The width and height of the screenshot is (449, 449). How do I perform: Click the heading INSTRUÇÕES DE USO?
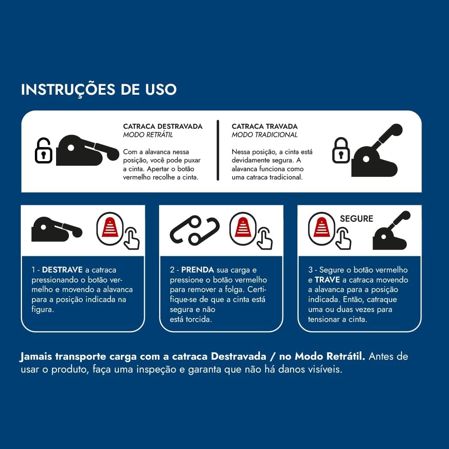(98, 89)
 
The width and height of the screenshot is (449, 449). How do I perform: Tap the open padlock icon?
(44, 151)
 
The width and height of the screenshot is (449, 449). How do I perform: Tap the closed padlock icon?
(341, 150)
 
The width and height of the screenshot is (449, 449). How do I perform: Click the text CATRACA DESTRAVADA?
(163, 126)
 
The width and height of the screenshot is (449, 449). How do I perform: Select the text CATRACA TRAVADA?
(265, 126)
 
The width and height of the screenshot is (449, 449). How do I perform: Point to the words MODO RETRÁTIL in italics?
(148, 135)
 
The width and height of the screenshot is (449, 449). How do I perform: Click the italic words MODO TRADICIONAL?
(265, 135)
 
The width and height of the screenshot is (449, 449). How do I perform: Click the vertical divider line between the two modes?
(218, 150)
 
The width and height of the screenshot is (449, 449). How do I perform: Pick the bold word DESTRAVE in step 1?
(62, 270)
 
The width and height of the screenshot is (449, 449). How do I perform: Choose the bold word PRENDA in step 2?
(198, 270)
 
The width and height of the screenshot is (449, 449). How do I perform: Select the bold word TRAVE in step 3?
(327, 280)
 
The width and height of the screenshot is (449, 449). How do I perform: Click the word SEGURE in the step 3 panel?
(356, 219)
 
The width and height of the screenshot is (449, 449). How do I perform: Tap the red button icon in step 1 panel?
(110, 228)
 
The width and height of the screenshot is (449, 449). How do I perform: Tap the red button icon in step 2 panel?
(243, 228)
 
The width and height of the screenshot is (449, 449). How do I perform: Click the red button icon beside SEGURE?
(321, 228)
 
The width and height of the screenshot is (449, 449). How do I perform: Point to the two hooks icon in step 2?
(195, 231)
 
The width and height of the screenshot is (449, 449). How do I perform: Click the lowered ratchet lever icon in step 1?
(57, 229)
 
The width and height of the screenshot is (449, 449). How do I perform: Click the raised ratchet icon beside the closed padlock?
(377, 150)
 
